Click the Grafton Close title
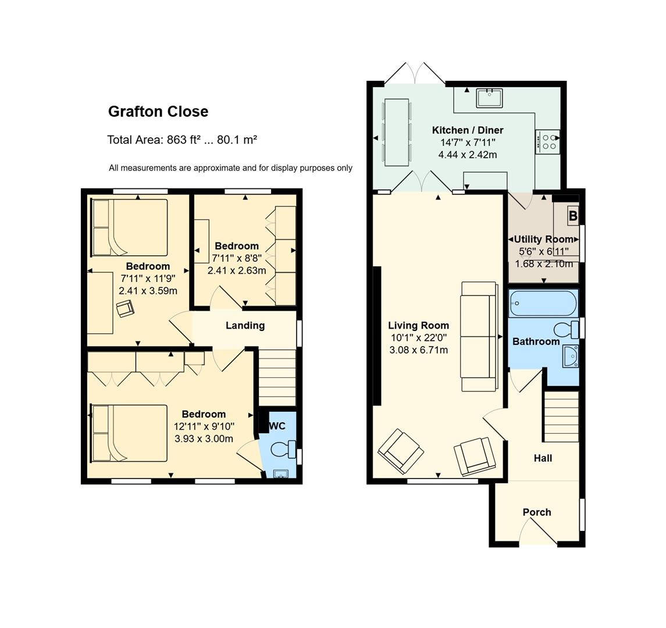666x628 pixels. pos(158,111)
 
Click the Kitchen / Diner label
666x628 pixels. pos(468,130)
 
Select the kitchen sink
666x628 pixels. pos(489,98)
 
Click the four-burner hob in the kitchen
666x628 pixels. pos(547,142)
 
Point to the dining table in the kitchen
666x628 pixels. pos(397,133)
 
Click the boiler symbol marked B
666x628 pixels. pos(573,216)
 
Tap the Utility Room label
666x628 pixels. pos(544,239)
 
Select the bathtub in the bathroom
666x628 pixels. pos(544,303)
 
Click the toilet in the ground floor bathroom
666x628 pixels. pos(566,330)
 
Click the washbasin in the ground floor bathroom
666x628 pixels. pos(570,356)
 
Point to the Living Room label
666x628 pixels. pos(418,325)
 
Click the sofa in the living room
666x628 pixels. pos(479,336)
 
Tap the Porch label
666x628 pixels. pos(537,512)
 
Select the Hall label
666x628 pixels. pos(543,458)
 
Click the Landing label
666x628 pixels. pos(245,325)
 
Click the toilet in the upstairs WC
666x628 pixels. pos(283,449)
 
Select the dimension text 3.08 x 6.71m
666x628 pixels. pos(418,350)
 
